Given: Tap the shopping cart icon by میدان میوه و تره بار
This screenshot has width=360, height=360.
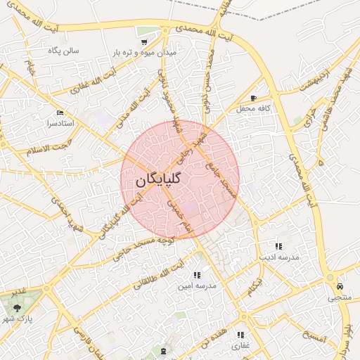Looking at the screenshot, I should pyautogui.click(x=144, y=42).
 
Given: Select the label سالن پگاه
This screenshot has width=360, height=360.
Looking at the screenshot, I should pyautogui.click(x=63, y=51).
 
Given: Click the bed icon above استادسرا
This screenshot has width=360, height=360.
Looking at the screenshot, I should pyautogui.click(x=60, y=112).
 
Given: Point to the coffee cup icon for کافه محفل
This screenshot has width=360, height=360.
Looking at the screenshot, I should pyautogui.click(x=253, y=98).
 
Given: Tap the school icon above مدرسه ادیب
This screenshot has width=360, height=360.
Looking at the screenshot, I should pyautogui.click(x=278, y=247).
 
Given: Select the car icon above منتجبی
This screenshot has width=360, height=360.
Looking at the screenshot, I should pyautogui.click(x=340, y=287).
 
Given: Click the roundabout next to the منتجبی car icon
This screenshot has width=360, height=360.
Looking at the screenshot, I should pyautogui.click(x=330, y=278).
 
